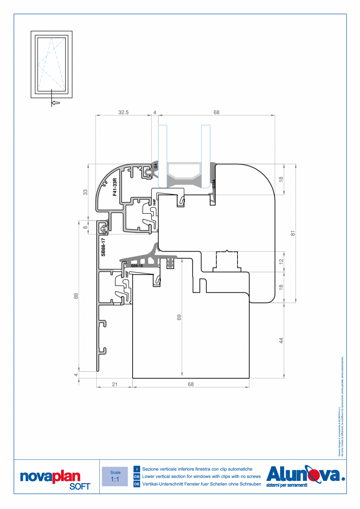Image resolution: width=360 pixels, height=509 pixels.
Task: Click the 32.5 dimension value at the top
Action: [123, 112]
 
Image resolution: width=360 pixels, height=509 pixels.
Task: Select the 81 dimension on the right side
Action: [292, 233]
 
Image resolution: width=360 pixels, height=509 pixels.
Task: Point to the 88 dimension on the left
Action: [76, 296]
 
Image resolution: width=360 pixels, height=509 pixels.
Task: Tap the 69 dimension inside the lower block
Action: [179, 317]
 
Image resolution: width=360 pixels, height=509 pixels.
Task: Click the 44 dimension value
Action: [281, 340]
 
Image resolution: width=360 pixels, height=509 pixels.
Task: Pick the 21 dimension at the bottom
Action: [115, 384]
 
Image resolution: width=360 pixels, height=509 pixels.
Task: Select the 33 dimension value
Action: [85, 192]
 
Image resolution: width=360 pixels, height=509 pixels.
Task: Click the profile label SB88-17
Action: [103, 247]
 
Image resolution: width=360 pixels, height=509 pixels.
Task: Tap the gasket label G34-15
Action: [137, 266]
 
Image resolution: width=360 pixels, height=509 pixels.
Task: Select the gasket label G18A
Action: [214, 184]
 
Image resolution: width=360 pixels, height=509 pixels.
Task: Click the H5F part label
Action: [127, 274]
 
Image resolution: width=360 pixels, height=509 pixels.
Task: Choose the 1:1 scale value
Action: [115, 479]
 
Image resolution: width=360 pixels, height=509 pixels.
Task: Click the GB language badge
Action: [137, 477]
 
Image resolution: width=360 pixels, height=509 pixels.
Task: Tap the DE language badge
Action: [137, 484]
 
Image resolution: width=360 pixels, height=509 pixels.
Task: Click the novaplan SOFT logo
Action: [55, 480]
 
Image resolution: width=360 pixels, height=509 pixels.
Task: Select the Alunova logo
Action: [305, 476]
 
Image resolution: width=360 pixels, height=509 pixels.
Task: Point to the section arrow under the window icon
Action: [56, 103]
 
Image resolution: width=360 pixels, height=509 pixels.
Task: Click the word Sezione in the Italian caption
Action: [151, 469]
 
